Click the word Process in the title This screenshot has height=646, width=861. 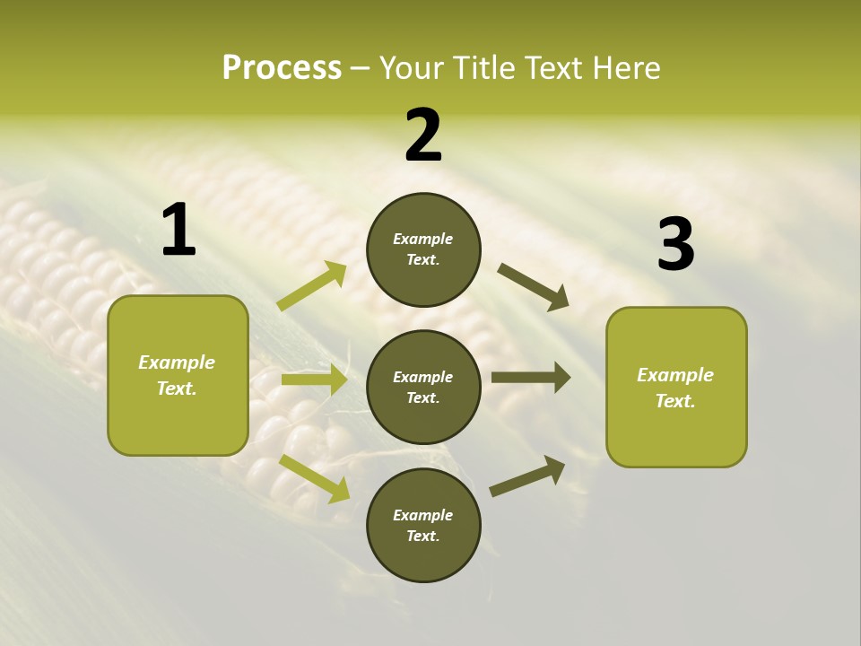tap(282, 67)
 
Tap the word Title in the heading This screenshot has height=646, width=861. tap(483, 67)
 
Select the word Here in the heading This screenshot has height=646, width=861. tap(628, 67)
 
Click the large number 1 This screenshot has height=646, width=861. tap(178, 231)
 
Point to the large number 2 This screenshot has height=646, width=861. tap(423, 135)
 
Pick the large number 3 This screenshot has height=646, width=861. tap(676, 245)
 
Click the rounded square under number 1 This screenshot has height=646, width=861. tap(178, 375)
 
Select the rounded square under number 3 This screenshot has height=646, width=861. tap(676, 387)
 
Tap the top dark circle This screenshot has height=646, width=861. tap(423, 249)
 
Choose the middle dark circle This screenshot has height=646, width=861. tap(423, 387)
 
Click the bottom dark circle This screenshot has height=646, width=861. tap(423, 525)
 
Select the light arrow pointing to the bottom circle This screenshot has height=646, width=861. tap(315, 477)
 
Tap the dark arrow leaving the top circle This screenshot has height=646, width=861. tap(534, 287)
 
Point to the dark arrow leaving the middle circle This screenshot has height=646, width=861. tap(531, 378)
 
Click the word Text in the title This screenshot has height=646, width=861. tap(555, 67)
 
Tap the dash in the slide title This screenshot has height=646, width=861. tap(361, 68)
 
